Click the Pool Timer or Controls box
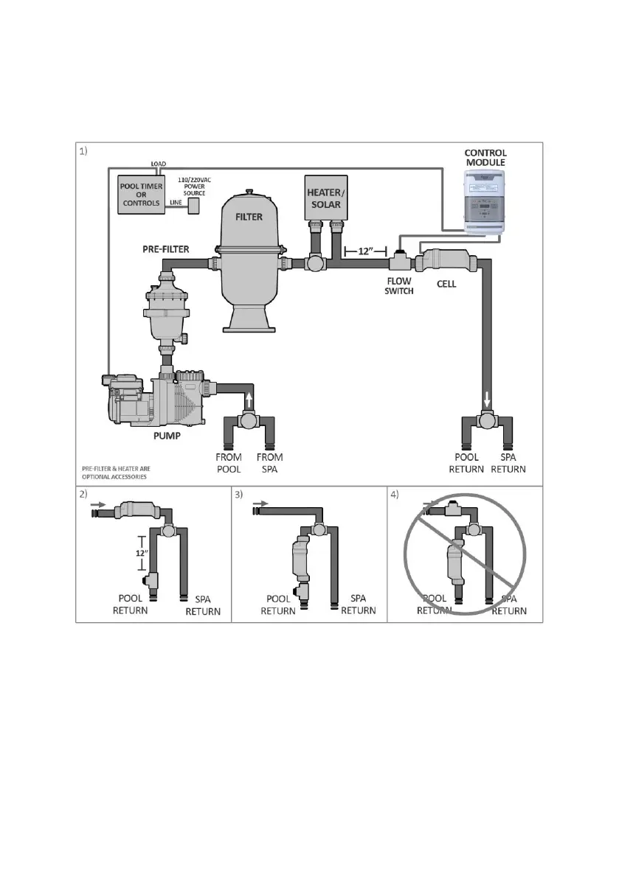pyautogui.click(x=142, y=195)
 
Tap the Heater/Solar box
pyautogui.click(x=325, y=197)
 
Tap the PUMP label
pyautogui.click(x=167, y=435)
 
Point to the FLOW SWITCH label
pyautogui.click(x=398, y=285)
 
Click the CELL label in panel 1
pyautogui.click(x=446, y=283)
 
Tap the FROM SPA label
pyautogui.click(x=270, y=462)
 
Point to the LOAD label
pyautogui.click(x=158, y=163)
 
